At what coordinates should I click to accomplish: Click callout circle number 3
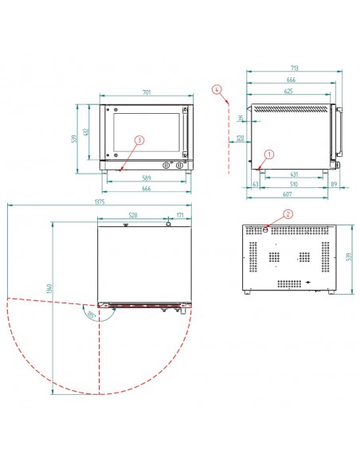click(139, 139)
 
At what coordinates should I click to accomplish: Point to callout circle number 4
click(217, 90)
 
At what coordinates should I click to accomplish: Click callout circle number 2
click(288, 213)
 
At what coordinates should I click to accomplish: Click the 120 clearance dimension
click(239, 139)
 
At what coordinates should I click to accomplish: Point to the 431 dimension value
click(293, 174)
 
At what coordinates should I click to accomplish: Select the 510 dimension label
click(293, 183)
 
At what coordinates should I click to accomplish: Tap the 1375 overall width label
click(100, 202)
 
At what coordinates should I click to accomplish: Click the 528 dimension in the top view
click(132, 214)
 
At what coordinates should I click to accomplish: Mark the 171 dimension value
click(180, 214)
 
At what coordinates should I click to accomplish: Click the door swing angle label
click(93, 315)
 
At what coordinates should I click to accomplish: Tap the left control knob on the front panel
click(166, 166)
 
